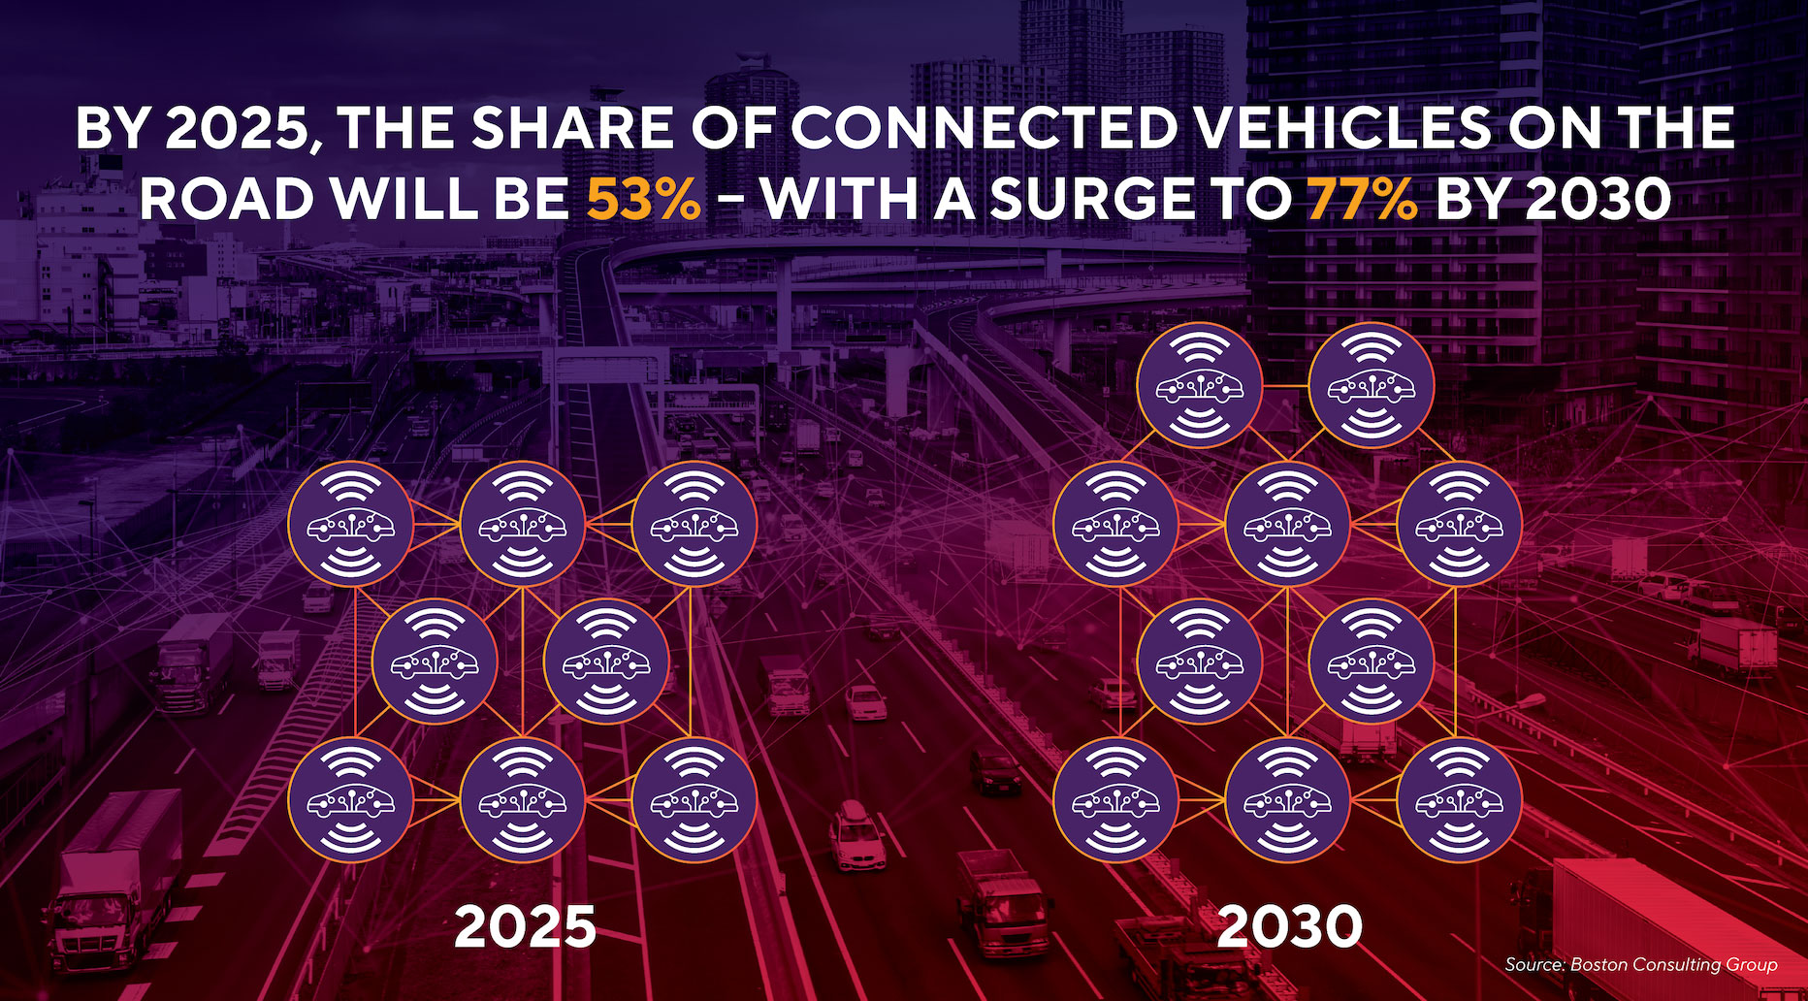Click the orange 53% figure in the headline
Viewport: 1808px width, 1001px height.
[x=643, y=199]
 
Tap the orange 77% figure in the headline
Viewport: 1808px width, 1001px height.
[x=1362, y=199]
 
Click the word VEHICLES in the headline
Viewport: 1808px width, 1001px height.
[x=1344, y=128]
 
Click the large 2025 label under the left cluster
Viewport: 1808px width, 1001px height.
[x=525, y=926]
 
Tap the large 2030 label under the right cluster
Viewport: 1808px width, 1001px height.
[x=1289, y=926]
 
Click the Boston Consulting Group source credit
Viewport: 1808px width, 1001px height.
[x=1640, y=964]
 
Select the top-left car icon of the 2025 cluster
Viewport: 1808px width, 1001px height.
[x=350, y=525]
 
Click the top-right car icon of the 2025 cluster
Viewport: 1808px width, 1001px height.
[x=694, y=525]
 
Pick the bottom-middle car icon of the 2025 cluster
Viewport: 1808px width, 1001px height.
[x=522, y=800]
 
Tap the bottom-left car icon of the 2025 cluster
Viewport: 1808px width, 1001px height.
[x=350, y=800]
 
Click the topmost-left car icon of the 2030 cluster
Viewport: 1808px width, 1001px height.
[x=1200, y=386]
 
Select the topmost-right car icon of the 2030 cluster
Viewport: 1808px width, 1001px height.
[x=1371, y=386]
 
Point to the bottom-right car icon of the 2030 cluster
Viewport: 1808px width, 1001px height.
[x=1458, y=800]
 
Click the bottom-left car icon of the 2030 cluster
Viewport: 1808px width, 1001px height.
[x=1115, y=800]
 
